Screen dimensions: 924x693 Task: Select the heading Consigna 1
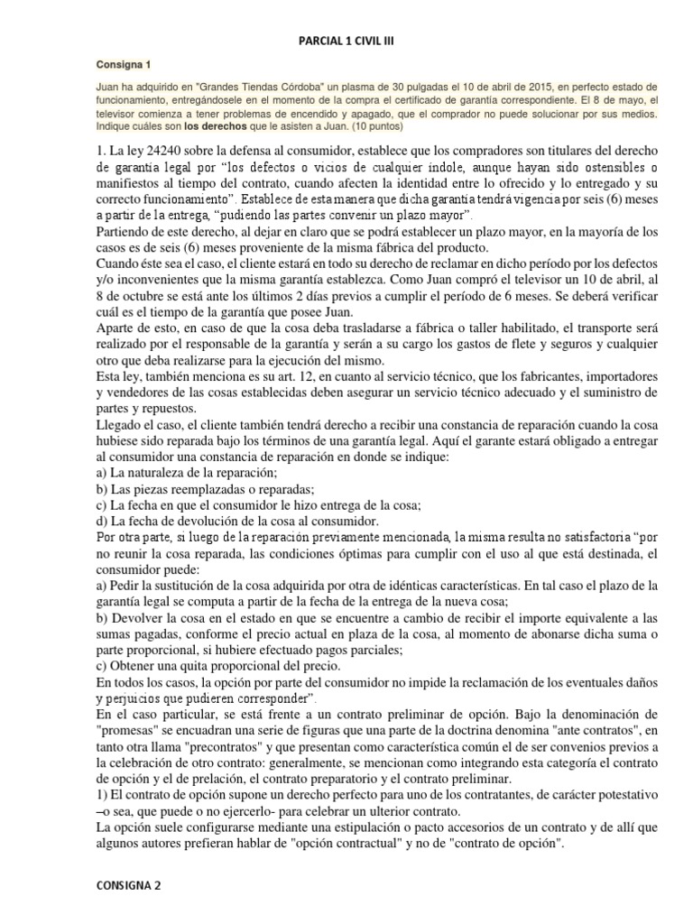click(124, 66)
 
